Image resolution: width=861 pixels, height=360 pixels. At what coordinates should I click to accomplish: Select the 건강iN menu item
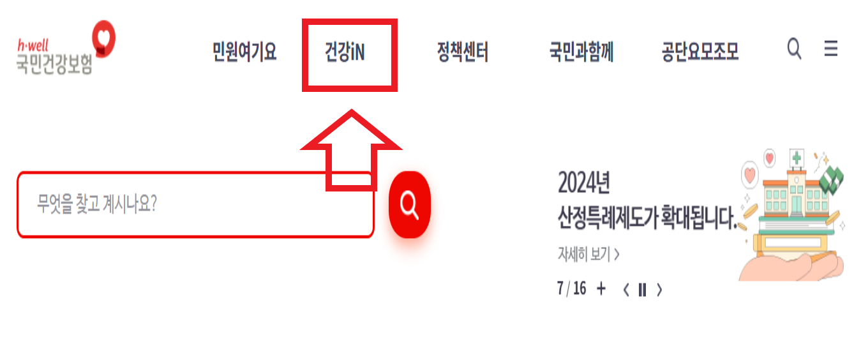(345, 52)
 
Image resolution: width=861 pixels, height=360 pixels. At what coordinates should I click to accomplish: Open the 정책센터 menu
(462, 52)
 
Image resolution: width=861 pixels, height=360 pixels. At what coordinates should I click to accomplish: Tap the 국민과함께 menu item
(581, 52)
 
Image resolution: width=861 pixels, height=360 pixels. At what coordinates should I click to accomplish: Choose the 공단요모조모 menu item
(700, 52)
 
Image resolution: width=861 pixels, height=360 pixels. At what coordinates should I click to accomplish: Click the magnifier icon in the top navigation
(794, 49)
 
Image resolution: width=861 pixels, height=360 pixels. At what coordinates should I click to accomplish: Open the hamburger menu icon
(830, 49)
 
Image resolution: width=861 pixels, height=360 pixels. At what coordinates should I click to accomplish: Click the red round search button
(410, 204)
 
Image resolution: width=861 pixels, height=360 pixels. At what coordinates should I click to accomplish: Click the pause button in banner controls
(642, 290)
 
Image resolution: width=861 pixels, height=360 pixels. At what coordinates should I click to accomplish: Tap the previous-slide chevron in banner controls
(626, 290)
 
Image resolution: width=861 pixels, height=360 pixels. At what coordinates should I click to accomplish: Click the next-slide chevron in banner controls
(659, 290)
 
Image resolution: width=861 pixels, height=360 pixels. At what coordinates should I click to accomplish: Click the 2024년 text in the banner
(583, 184)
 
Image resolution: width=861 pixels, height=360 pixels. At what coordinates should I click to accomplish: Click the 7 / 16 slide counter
(571, 289)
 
